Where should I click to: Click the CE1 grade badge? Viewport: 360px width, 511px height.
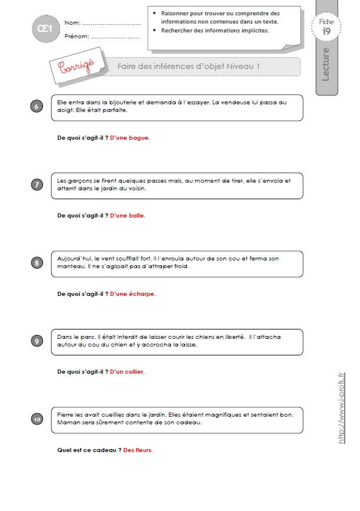(x=46, y=29)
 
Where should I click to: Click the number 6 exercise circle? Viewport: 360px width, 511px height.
(x=37, y=106)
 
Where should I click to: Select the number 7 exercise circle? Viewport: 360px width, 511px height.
(x=37, y=185)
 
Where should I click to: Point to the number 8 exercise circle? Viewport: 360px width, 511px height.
(x=37, y=263)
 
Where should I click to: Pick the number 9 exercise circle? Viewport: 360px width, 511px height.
(x=37, y=341)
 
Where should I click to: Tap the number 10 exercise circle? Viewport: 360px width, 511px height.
(x=37, y=419)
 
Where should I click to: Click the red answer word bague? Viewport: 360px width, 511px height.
(x=139, y=138)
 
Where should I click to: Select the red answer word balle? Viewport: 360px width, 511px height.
(x=136, y=215)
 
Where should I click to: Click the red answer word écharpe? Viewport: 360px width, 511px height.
(x=142, y=294)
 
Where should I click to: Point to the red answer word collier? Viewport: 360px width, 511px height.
(x=134, y=371)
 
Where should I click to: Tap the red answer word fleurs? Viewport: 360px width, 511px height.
(x=144, y=450)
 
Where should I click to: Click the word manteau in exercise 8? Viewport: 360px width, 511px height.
(x=68, y=266)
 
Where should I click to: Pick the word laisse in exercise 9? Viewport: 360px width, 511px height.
(x=188, y=344)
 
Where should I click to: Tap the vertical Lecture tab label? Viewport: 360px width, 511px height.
(x=325, y=64)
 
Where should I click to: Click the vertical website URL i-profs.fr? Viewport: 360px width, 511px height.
(x=341, y=408)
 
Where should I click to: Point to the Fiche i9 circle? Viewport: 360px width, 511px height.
(x=326, y=27)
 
